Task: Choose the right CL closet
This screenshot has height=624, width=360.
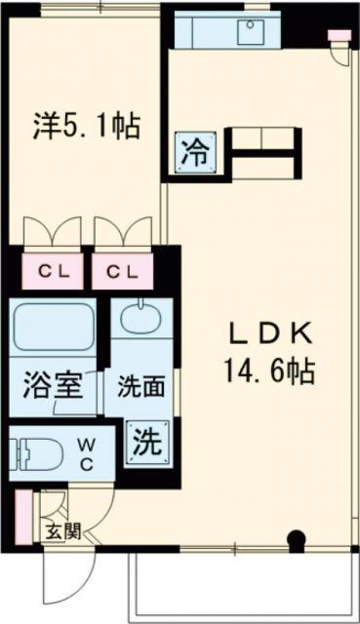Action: click(122, 270)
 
